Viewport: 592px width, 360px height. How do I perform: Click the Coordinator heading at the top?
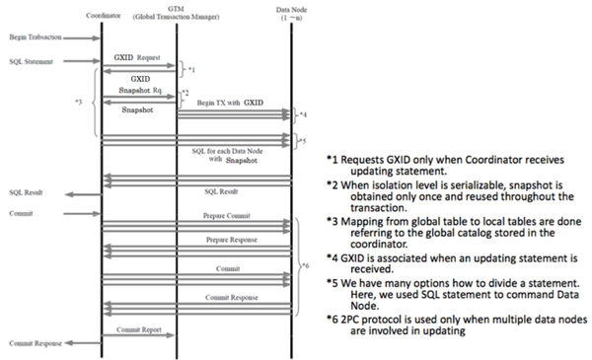coord(103,13)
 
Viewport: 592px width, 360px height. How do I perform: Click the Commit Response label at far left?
coord(35,344)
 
